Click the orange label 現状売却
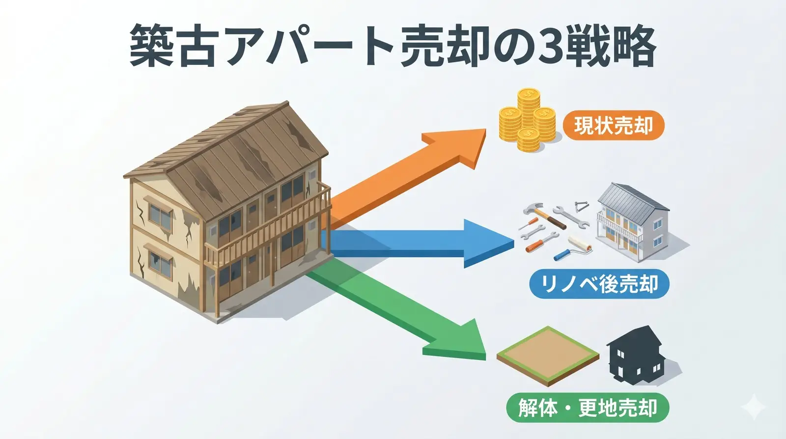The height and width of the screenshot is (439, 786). [613, 126]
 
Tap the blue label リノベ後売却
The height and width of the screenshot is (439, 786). [599, 284]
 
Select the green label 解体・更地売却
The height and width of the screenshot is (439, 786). [588, 408]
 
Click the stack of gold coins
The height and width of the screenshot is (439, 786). [527, 120]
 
